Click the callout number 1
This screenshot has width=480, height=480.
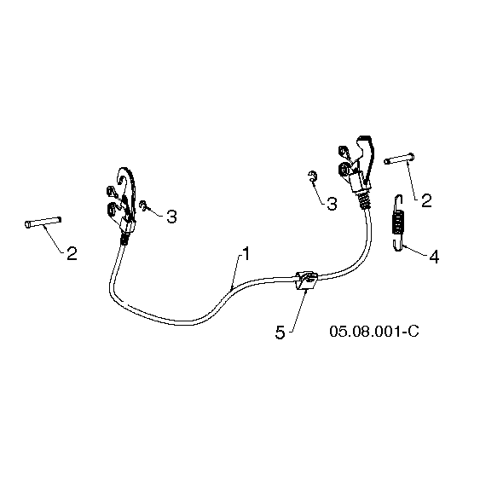[x=246, y=254]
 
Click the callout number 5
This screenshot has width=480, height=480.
[x=280, y=333]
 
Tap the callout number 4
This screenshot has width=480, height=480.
[x=434, y=257]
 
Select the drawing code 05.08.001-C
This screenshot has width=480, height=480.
[x=374, y=331]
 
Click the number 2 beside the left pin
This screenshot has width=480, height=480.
[x=72, y=254]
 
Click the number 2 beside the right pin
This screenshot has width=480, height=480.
[x=426, y=200]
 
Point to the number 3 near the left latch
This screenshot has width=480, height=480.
[x=171, y=217]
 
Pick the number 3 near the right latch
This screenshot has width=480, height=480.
[x=332, y=204]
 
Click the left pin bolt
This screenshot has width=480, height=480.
[x=43, y=223]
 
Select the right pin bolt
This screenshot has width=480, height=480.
[x=399, y=159]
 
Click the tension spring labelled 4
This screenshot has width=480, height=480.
[x=397, y=223]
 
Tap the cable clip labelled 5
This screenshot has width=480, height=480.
[x=306, y=280]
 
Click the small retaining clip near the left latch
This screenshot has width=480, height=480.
[x=143, y=205]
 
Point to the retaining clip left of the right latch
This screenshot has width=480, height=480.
[x=312, y=176]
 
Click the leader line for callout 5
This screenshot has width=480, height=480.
[x=299, y=309]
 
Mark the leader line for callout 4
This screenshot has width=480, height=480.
[x=415, y=250]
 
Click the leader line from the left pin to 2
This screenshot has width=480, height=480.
[x=54, y=239]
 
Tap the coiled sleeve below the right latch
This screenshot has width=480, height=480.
[x=364, y=200]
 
